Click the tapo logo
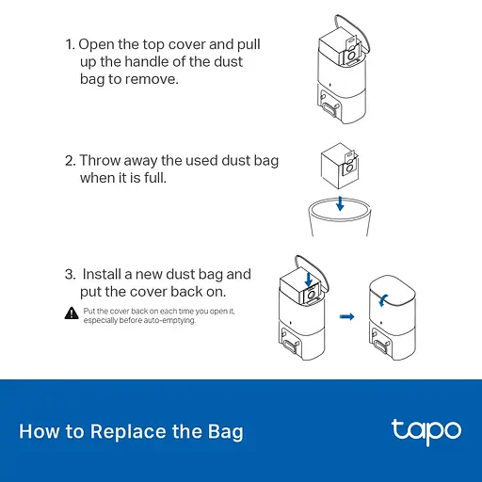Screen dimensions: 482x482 pyautogui.click(x=426, y=431)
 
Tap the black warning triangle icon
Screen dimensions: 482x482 pyautogui.click(x=72, y=313)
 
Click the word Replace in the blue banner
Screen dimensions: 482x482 pyautogui.click(x=128, y=432)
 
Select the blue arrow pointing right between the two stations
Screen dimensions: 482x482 pyautogui.click(x=346, y=316)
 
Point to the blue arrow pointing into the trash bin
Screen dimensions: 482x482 pyautogui.click(x=340, y=203)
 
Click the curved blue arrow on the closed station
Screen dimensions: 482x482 pyautogui.click(x=383, y=300)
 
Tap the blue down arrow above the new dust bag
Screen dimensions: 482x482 pyautogui.click(x=309, y=280)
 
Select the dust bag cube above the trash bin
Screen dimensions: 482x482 pyautogui.click(x=340, y=166)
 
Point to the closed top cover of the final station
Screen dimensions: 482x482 pyautogui.click(x=393, y=290)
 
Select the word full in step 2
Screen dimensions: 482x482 pyautogui.click(x=154, y=178)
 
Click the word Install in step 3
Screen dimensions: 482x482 pyautogui.click(x=102, y=274)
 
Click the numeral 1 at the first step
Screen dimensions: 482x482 pyautogui.click(x=69, y=44)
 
